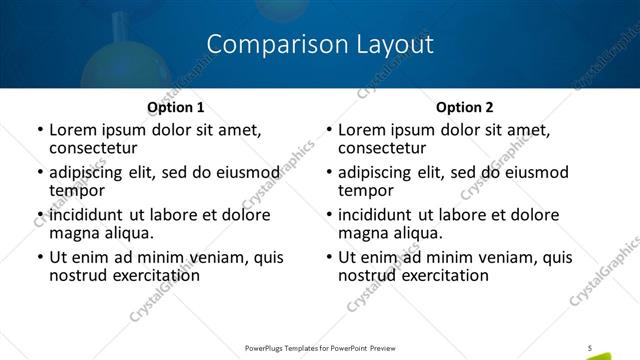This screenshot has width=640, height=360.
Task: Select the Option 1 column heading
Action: [175, 107]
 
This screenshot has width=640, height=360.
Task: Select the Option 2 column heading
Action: [465, 107]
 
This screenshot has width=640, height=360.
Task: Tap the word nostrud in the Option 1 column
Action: [78, 275]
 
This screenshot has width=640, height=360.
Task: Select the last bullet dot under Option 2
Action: [329, 258]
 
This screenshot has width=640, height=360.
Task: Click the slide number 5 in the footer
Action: [590, 347]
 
